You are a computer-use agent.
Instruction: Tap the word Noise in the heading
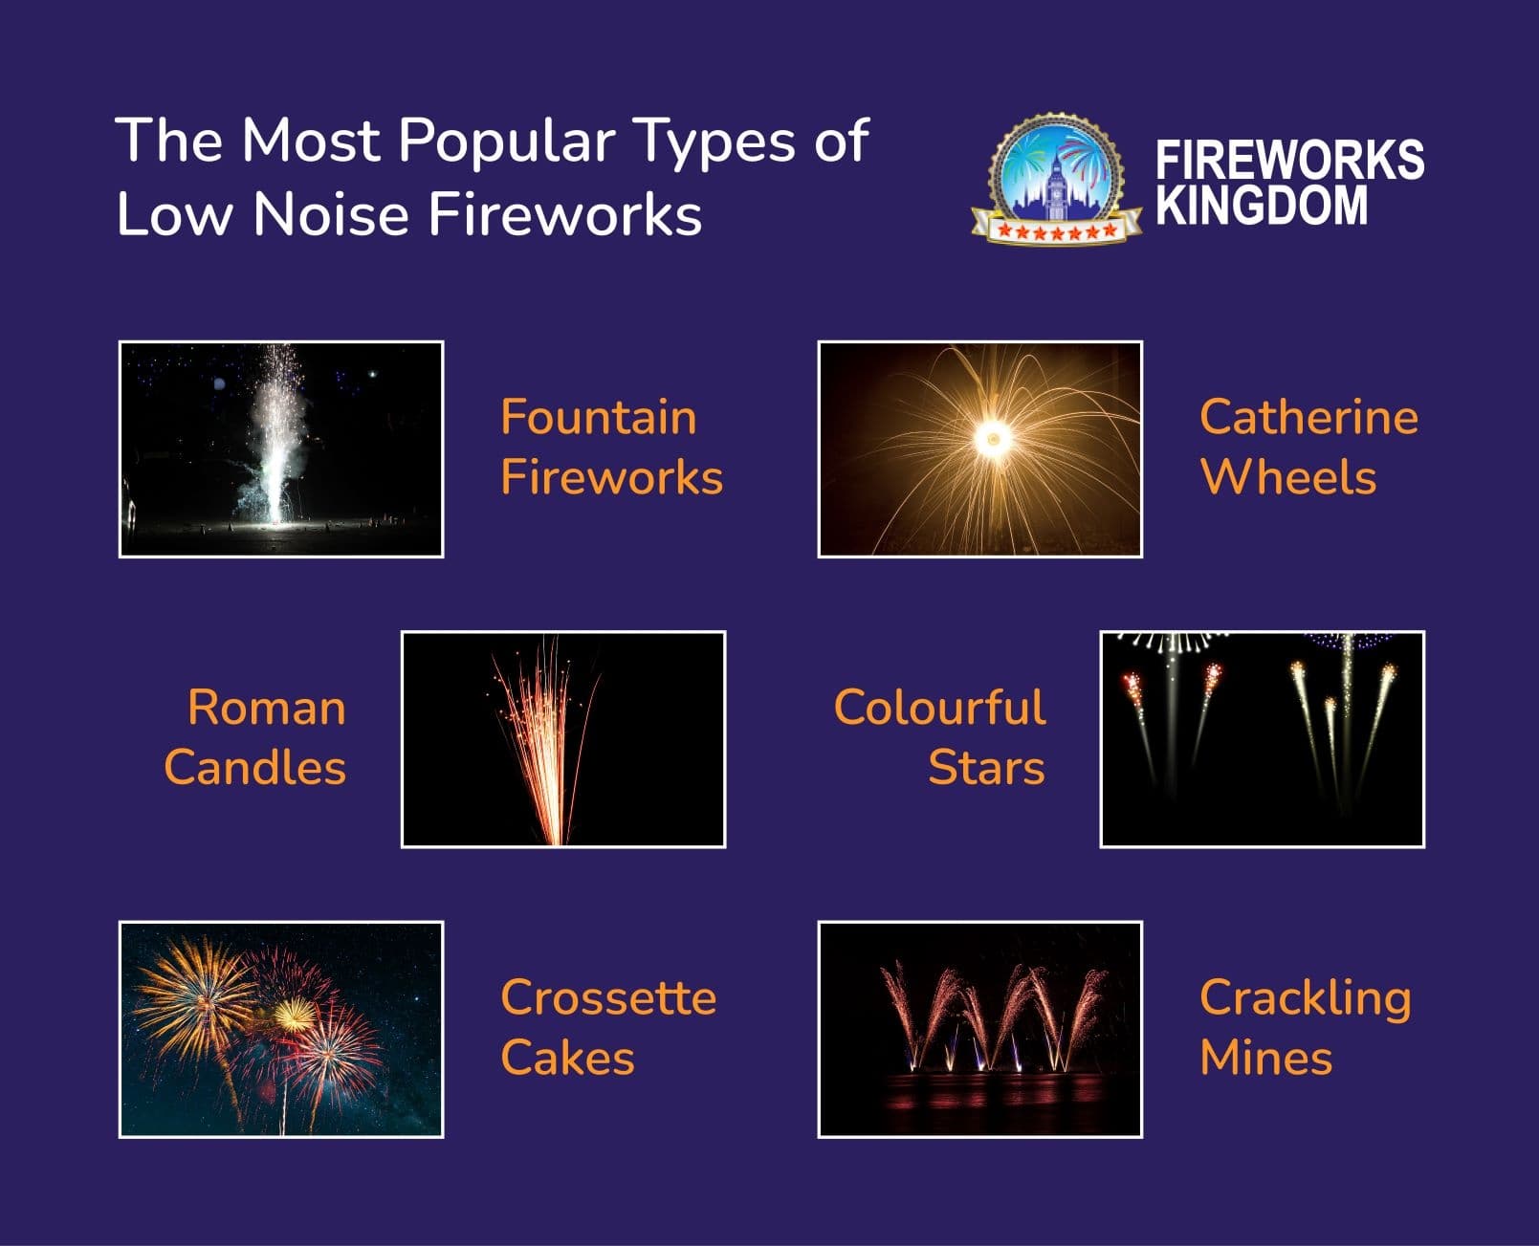[331, 214]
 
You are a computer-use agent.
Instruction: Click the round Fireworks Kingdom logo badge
[1056, 179]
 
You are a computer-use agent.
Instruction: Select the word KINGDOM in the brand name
[1262, 206]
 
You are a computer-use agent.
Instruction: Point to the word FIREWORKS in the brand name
[1289, 160]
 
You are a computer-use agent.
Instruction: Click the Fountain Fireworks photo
[281, 449]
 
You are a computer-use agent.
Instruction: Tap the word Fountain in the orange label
[598, 418]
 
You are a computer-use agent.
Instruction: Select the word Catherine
[1308, 418]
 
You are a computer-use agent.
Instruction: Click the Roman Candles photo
[563, 739]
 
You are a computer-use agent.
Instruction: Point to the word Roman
[267, 707]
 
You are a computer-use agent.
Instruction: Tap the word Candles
[255, 767]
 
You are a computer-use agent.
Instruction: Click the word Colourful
[939, 707]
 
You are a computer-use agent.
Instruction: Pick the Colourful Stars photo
[1263, 739]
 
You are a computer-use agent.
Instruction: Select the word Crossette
[608, 997]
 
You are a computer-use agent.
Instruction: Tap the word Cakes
[567, 1058]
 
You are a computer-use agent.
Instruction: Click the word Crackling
[1305, 999]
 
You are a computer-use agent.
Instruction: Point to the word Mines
[1265, 1058]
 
